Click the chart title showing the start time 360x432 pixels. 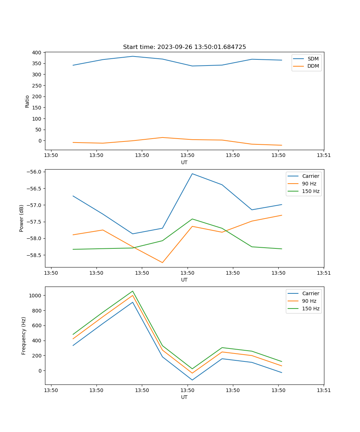[184, 47]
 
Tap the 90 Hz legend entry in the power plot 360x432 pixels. [309, 184]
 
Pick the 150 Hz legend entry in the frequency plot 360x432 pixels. [311, 309]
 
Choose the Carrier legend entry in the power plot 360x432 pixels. [310, 176]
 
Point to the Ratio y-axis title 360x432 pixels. [27, 101]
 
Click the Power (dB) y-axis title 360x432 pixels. [22, 218]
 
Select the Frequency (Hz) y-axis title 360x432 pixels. [24, 336]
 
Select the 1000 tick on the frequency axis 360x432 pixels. [35, 296]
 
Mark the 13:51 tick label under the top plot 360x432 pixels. [324, 156]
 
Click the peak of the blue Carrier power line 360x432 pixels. [192, 174]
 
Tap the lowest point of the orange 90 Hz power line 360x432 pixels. [162, 262]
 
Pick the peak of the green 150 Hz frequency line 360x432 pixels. [132, 291]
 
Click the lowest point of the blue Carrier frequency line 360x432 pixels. [192, 380]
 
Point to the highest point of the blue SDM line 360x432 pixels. [132, 56]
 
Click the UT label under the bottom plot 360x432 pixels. [184, 397]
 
